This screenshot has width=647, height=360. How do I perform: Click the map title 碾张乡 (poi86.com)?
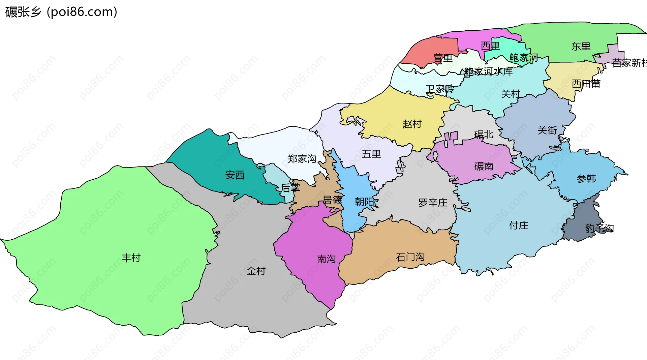61,12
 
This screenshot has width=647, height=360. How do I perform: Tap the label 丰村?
131,258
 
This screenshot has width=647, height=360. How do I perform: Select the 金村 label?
256,271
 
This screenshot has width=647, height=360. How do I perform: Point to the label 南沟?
326,259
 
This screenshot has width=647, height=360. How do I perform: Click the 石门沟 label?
410,257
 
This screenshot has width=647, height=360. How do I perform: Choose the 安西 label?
235,175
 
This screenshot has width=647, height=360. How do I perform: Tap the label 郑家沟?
302,159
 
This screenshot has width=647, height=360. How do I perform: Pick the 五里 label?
371,154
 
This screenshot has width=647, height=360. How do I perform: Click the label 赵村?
412,124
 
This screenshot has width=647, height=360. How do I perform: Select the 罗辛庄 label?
433,203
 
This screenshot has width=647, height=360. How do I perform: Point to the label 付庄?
519,226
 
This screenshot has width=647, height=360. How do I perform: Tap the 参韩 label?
586,179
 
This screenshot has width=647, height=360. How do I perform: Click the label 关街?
547,130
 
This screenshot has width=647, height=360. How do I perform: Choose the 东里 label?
581,47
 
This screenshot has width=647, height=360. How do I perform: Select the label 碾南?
484,166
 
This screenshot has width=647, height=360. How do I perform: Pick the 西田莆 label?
586,84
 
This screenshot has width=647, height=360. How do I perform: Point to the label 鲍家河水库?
488,71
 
